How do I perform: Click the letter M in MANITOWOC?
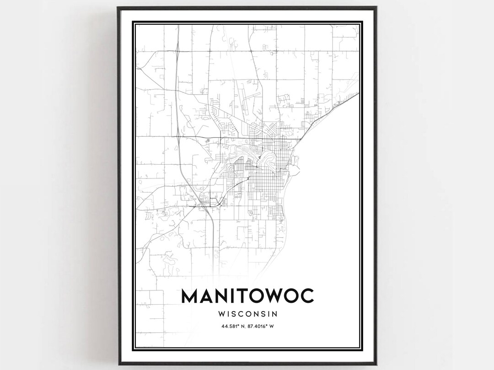(191, 296)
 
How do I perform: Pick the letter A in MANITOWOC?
(207, 296)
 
